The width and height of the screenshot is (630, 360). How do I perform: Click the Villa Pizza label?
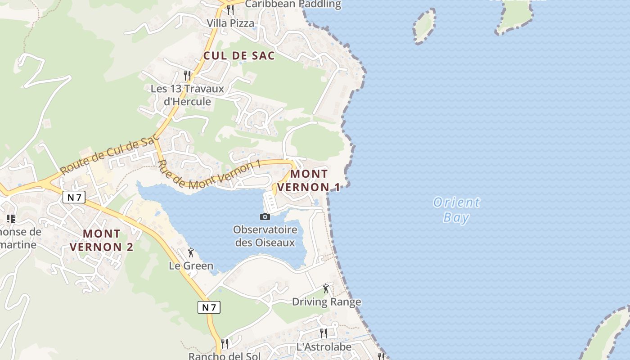(230, 23)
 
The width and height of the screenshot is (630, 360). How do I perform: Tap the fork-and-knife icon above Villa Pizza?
(230, 9)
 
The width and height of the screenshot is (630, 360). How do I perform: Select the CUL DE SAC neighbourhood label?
(239, 56)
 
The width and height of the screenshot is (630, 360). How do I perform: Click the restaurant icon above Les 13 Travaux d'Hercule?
(187, 75)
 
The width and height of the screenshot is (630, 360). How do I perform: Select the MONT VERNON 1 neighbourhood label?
(309, 180)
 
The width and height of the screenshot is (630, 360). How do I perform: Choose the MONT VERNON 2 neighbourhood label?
(102, 240)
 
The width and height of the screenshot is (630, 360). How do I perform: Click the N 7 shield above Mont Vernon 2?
(74, 197)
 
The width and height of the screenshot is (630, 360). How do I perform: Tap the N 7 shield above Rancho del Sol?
(209, 307)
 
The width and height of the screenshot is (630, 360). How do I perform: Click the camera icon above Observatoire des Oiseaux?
(265, 217)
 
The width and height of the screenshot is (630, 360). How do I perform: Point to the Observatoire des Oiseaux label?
(265, 236)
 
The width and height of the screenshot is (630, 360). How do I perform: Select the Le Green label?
(191, 265)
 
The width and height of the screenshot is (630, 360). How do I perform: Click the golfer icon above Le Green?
(191, 252)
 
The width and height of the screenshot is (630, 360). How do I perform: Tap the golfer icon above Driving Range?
(326, 288)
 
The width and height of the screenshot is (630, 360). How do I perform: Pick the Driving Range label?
(327, 301)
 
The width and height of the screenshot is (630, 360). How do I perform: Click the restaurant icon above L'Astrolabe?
(324, 333)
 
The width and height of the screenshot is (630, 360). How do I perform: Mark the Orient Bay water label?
(456, 210)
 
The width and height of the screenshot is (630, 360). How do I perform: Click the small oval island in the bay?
(424, 26)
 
